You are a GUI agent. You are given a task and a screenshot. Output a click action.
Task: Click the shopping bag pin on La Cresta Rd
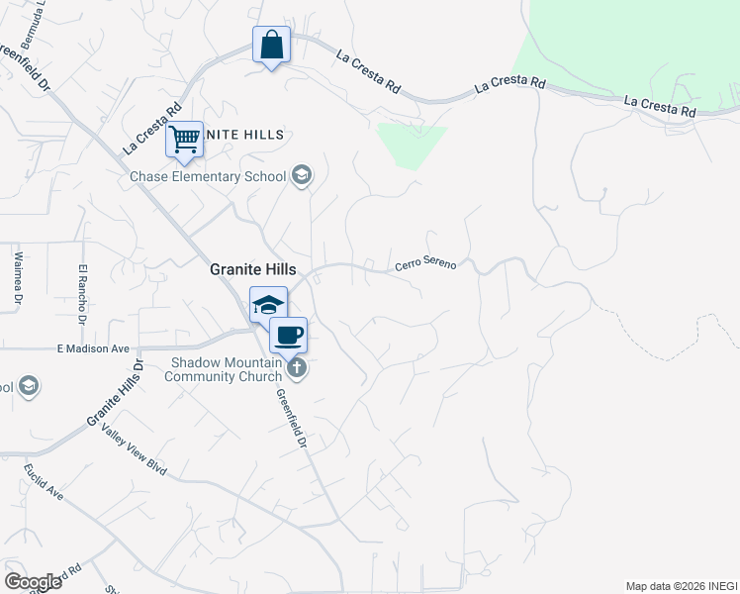[271, 46]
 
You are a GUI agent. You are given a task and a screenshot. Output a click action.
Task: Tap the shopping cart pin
[185, 140]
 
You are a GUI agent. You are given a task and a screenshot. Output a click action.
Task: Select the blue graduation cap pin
[268, 305]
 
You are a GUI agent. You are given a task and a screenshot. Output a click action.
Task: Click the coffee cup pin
[289, 336]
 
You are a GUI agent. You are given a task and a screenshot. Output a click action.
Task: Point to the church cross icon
[295, 369]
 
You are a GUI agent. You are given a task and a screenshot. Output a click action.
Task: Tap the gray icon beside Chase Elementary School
[302, 176]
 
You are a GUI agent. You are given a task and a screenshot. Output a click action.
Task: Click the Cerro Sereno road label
[425, 264]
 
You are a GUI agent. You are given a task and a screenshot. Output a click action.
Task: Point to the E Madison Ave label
[93, 348]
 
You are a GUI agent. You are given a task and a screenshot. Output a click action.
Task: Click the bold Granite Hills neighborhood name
[252, 268]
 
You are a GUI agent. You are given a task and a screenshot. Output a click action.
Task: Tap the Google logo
[33, 582]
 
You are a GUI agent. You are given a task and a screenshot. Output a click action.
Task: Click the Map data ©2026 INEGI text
[681, 586]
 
